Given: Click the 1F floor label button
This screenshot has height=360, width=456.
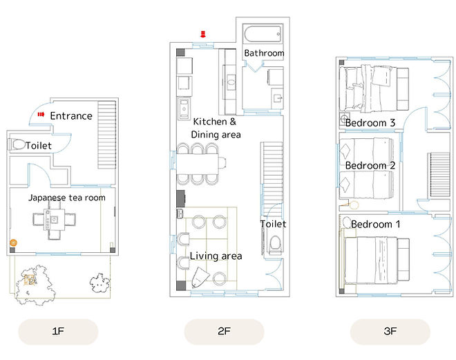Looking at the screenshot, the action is (x=58, y=332).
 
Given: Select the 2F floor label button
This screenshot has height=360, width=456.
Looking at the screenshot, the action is (x=225, y=332).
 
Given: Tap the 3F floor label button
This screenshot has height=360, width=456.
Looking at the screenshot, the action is (x=390, y=332).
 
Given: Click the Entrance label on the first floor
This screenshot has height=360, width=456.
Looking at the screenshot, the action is (x=71, y=116).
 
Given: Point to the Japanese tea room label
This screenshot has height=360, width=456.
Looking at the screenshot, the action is (x=67, y=198).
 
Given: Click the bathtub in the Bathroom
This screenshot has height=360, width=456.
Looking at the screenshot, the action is (x=263, y=35).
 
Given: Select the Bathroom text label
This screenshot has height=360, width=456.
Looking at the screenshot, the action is (x=264, y=53).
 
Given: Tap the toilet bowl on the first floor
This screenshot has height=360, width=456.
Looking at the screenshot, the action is (x=17, y=144).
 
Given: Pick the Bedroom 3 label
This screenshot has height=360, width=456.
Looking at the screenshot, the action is (x=370, y=123).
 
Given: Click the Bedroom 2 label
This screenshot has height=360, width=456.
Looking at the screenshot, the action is (x=370, y=166).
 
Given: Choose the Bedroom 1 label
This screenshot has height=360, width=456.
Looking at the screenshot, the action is (x=375, y=225).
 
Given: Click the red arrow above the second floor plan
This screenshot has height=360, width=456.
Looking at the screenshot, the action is (x=203, y=34).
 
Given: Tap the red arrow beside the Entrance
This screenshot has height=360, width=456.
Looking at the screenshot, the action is (x=41, y=115).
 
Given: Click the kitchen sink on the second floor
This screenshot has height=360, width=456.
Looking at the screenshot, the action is (x=184, y=108).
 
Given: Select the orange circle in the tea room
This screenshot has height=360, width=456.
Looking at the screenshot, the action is (x=13, y=243).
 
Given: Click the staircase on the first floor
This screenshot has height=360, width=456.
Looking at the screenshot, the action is (x=106, y=135).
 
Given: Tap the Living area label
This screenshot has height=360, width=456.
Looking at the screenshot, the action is (x=216, y=256).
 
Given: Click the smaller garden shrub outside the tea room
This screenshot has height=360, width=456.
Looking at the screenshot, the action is (x=99, y=283).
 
